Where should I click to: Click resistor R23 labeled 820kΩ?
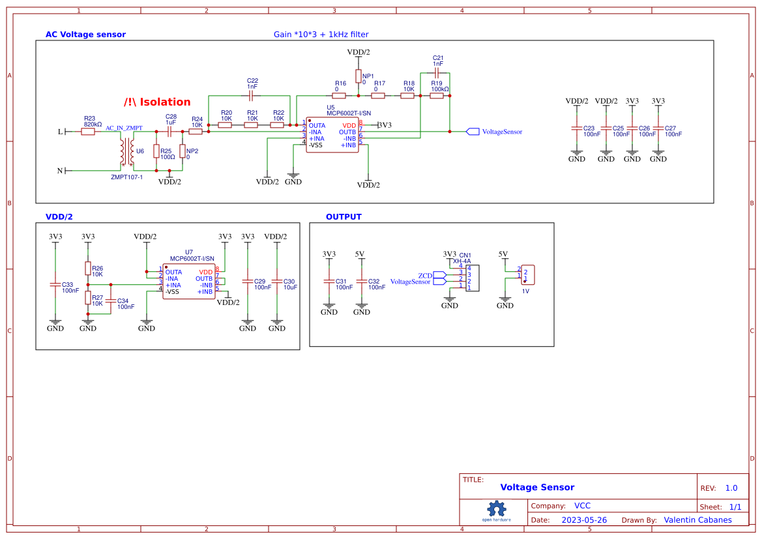[x=88, y=132]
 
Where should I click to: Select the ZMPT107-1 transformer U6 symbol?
[x=126, y=152]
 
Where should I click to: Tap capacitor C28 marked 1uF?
[x=169, y=132]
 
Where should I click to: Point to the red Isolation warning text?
[x=157, y=102]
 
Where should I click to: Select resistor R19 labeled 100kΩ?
[x=436, y=96]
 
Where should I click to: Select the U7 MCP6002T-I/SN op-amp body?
[x=189, y=282]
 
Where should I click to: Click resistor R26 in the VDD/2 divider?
[x=88, y=269]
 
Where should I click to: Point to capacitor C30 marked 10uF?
[x=277, y=282]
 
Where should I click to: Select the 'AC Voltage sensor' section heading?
[x=85, y=35]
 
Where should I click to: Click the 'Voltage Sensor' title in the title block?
[x=537, y=488]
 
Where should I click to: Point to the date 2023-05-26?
[x=584, y=520]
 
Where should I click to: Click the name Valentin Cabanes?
[x=697, y=520]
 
